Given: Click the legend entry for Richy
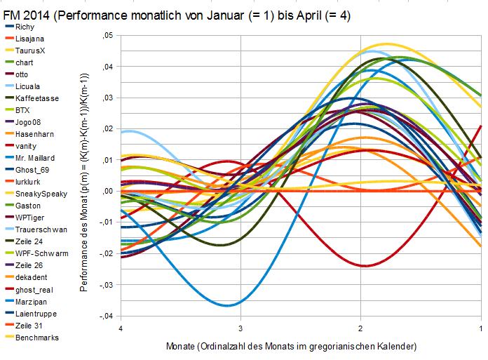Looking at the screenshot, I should pyautogui.click(x=25, y=27).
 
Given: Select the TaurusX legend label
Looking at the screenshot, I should pyautogui.click(x=29, y=51).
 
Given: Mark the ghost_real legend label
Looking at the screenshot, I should pyautogui.click(x=32, y=289).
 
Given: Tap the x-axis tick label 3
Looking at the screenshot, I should pyautogui.click(x=240, y=328).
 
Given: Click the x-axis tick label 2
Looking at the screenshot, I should pyautogui.click(x=360, y=328).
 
